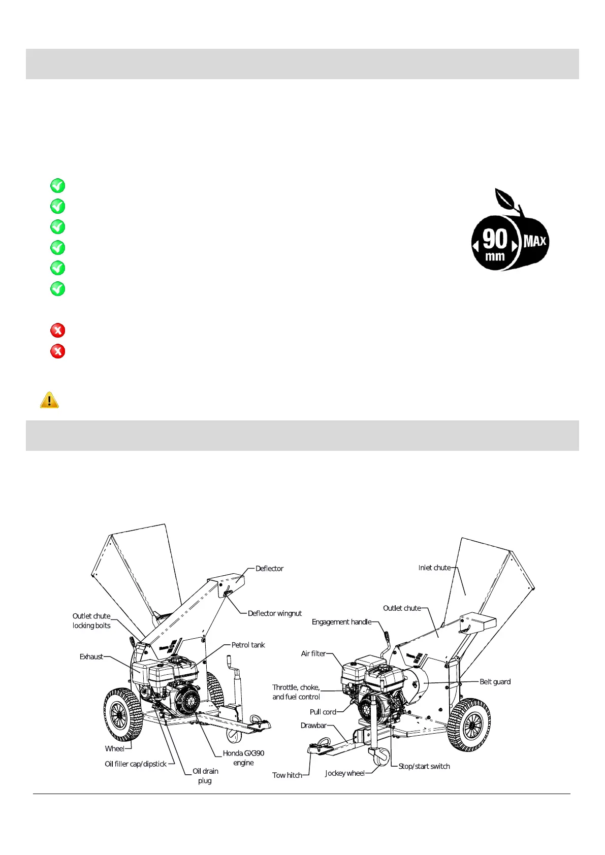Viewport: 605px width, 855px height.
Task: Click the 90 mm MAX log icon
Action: (x=510, y=231)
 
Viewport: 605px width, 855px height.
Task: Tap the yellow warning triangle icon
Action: (x=49, y=400)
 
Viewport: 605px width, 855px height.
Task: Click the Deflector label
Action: (x=269, y=569)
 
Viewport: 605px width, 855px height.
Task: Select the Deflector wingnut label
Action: (x=274, y=613)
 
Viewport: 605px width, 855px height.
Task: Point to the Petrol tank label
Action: (x=248, y=645)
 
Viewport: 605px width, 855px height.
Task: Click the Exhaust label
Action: (x=91, y=656)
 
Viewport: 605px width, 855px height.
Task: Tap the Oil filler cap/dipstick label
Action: (x=136, y=764)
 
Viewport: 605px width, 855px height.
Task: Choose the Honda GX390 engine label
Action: (x=243, y=758)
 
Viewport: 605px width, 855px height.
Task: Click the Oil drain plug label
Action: (x=205, y=776)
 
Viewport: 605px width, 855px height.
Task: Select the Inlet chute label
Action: (x=434, y=568)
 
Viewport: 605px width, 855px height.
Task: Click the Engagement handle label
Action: (x=341, y=622)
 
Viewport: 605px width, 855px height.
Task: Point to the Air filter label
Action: (x=313, y=653)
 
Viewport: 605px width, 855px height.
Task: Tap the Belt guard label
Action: (x=495, y=681)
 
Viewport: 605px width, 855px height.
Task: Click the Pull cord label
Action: (x=323, y=712)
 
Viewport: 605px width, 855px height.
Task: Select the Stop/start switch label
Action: (x=424, y=766)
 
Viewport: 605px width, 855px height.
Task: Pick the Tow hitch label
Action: (x=287, y=775)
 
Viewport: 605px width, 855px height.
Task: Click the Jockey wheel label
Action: (x=345, y=773)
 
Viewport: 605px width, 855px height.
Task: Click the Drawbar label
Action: (x=313, y=726)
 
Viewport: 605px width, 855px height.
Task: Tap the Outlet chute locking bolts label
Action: (x=91, y=621)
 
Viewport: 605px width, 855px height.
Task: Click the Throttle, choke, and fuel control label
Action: (x=296, y=692)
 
